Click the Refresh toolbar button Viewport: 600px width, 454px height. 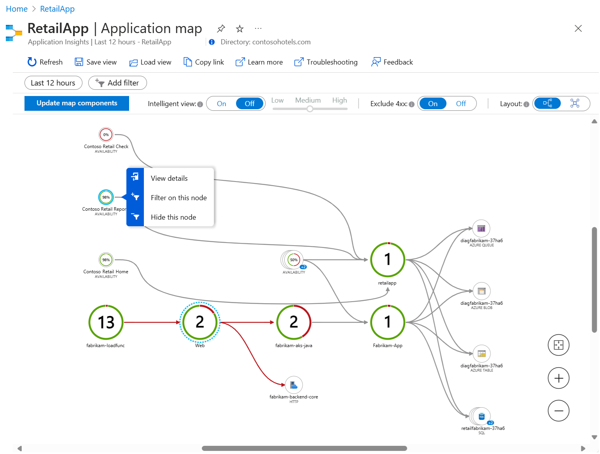[x=45, y=62]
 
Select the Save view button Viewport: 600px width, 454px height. [x=96, y=62]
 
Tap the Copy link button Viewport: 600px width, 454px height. [x=204, y=62]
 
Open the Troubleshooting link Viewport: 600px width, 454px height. [x=326, y=62]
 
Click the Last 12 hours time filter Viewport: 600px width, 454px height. [x=53, y=83]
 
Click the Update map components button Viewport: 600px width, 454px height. [x=77, y=103]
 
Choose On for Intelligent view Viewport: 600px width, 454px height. [x=222, y=104]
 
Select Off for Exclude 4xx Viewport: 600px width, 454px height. [x=461, y=104]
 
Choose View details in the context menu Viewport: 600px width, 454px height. [x=169, y=178]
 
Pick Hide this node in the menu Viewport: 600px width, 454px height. [x=173, y=217]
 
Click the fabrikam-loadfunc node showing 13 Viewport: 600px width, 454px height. [x=106, y=322]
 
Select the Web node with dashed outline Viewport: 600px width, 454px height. [x=200, y=322]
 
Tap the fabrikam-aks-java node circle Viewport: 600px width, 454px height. [x=294, y=322]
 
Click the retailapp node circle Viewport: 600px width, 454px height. [x=388, y=260]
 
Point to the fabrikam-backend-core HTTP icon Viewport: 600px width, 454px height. [x=294, y=385]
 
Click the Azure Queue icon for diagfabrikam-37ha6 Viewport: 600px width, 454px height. [x=481, y=229]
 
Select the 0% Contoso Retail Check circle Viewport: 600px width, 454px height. [x=106, y=135]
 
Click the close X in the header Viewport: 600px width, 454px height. [x=578, y=28]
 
